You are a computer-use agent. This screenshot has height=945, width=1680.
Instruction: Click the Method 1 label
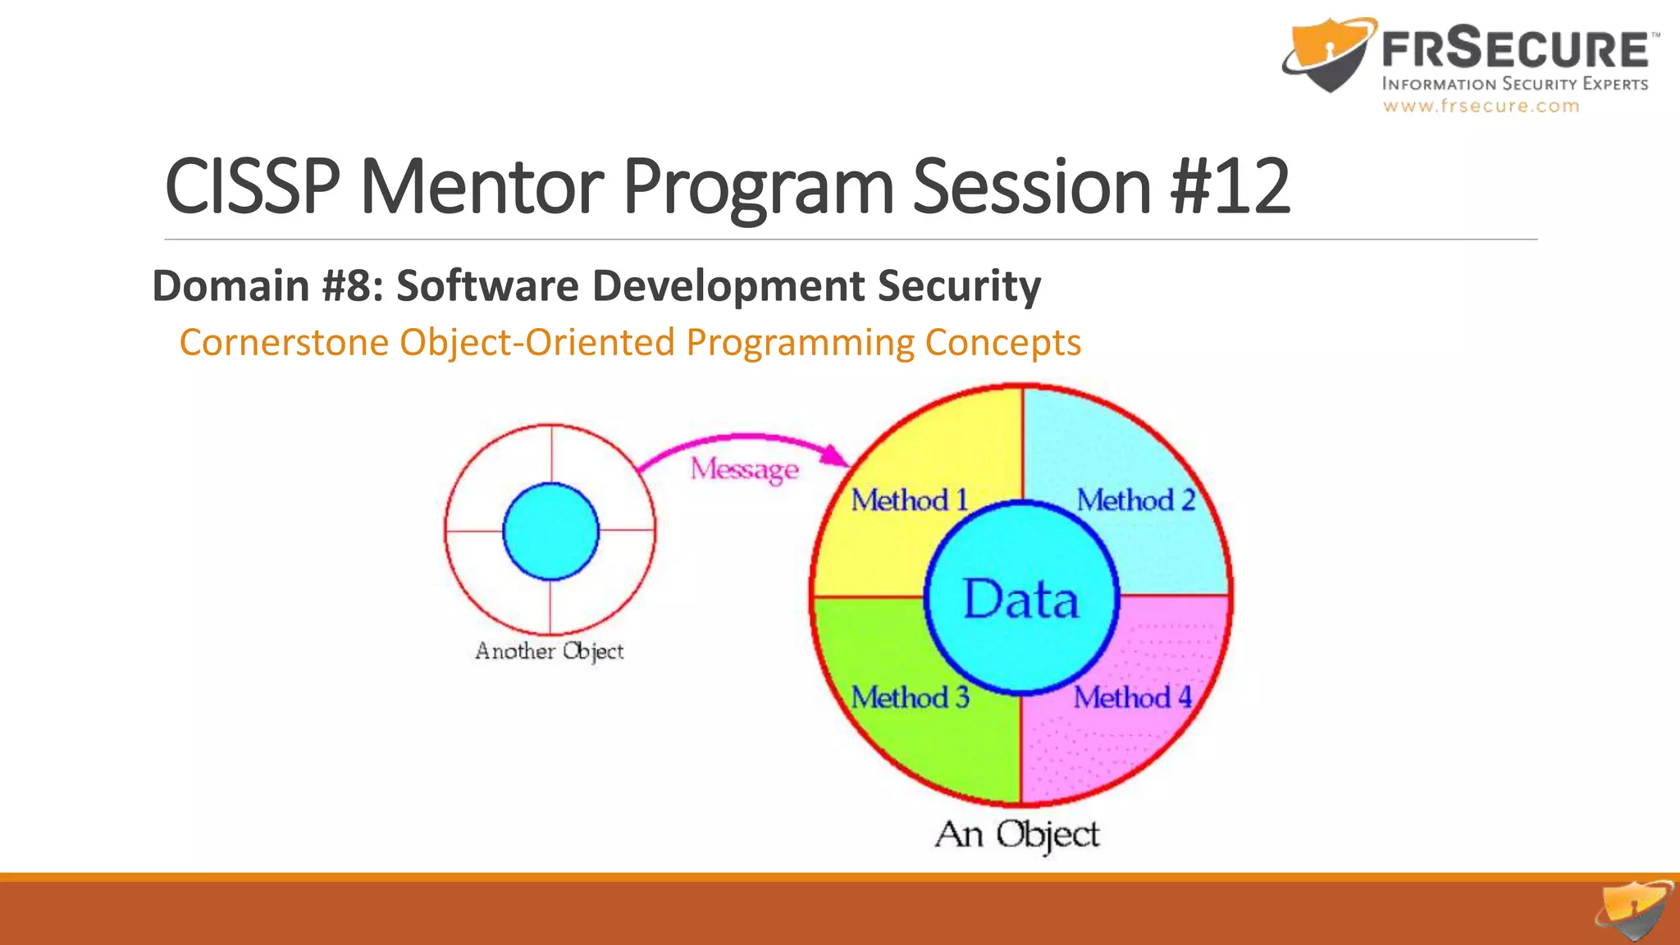pyautogui.click(x=909, y=500)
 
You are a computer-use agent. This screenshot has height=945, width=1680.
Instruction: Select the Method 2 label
pyautogui.click(x=1135, y=500)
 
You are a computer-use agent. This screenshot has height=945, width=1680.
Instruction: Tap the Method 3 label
pyautogui.click(x=910, y=697)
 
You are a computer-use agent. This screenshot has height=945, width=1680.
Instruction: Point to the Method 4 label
pyautogui.click(x=1133, y=697)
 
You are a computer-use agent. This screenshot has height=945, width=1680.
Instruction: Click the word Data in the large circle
pyautogui.click(x=1020, y=599)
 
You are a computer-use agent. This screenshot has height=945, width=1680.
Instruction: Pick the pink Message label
pyautogui.click(x=744, y=469)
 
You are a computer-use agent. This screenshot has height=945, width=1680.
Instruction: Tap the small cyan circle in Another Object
pyautogui.click(x=550, y=532)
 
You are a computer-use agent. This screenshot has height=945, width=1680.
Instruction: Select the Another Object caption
pyautogui.click(x=549, y=651)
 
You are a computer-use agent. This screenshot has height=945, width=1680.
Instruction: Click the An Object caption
pyautogui.click(x=1017, y=834)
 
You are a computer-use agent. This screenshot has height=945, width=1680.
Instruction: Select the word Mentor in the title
pyautogui.click(x=482, y=187)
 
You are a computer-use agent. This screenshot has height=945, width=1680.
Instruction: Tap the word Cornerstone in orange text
pyautogui.click(x=284, y=342)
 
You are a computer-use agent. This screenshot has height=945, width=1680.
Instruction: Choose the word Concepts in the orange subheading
pyautogui.click(x=1002, y=342)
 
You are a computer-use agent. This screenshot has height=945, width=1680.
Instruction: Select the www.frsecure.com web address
pyautogui.click(x=1481, y=106)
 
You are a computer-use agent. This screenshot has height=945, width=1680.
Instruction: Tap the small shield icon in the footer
pyautogui.click(x=1634, y=911)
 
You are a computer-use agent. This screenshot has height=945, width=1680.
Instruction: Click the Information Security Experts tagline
pyautogui.click(x=1514, y=84)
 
